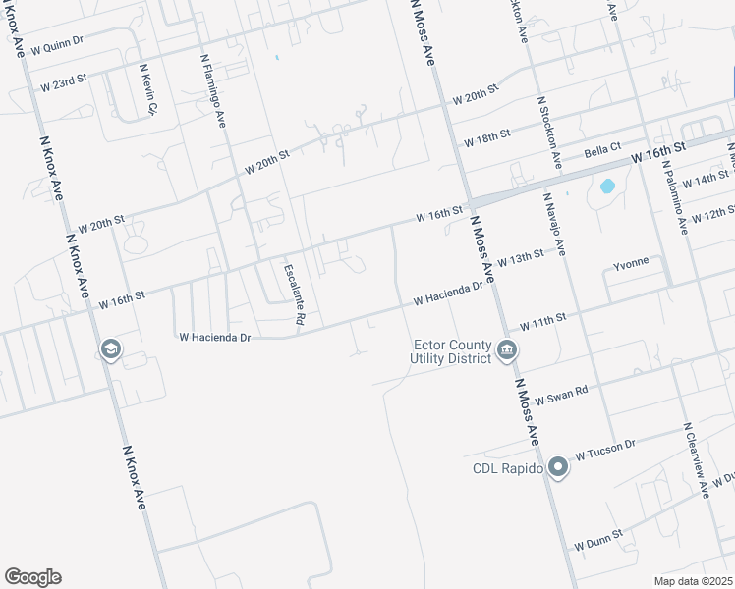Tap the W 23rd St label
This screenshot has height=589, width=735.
(64, 86)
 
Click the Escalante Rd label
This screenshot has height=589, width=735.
(294, 294)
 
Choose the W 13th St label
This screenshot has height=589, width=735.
(520, 258)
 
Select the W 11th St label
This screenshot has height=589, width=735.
(543, 321)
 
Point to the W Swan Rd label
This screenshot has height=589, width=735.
(563, 392)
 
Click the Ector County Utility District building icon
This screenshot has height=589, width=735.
(506, 350)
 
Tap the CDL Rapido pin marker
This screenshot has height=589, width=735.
(558, 468)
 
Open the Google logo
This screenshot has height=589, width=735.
(32, 577)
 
